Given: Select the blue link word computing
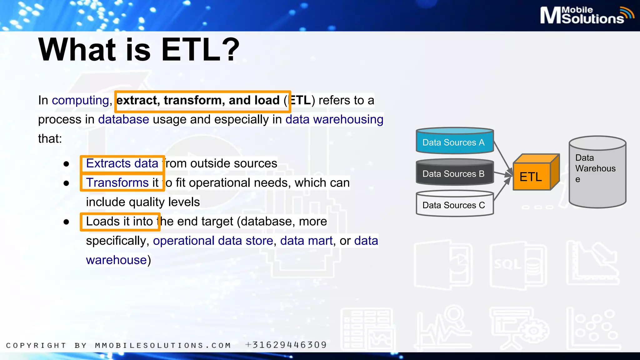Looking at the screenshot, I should (x=80, y=100).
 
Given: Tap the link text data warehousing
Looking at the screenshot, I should (x=334, y=119).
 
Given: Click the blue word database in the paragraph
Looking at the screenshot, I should (x=123, y=119).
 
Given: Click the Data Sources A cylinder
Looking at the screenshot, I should (x=454, y=141).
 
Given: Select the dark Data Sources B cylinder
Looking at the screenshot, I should (x=454, y=173).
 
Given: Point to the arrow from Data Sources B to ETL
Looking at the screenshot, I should (x=503, y=174).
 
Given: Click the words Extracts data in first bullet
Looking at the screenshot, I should (x=122, y=163).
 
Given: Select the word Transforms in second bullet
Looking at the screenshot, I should (x=117, y=183).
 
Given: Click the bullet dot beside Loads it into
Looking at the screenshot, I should (x=66, y=222).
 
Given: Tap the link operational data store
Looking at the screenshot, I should (x=213, y=241).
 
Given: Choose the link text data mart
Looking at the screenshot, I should (x=306, y=241).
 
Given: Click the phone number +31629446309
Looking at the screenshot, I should (x=286, y=345).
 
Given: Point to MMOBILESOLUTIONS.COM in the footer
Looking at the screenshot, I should (x=163, y=345).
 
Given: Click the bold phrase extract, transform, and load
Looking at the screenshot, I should (x=198, y=100).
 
